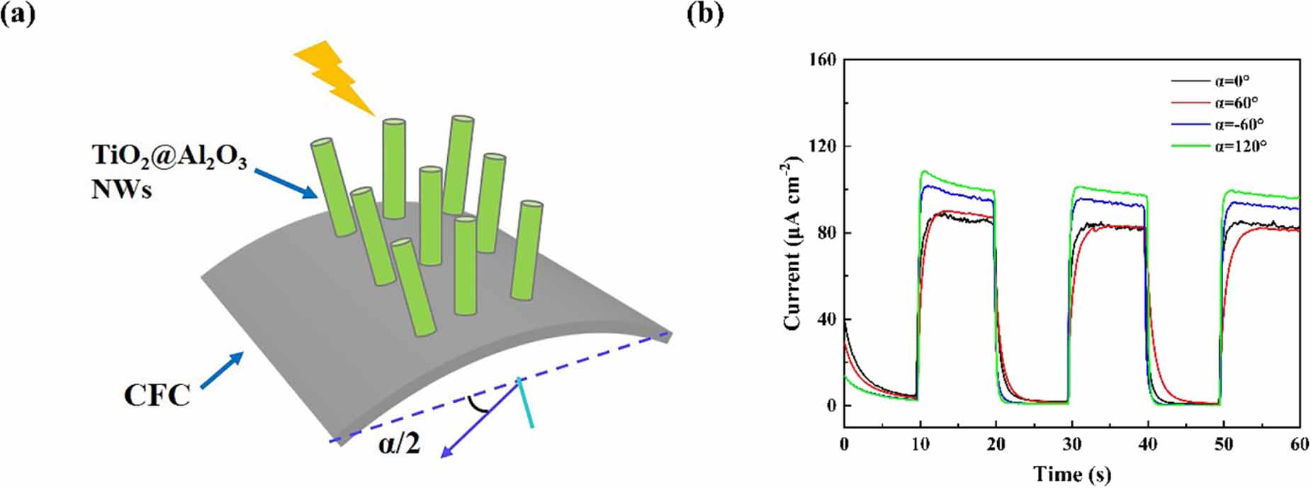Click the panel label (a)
(x=19, y=15)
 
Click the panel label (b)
(x=706, y=15)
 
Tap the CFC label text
(x=157, y=395)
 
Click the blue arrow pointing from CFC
(x=221, y=370)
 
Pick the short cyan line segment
(x=526, y=403)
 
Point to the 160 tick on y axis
(x=822, y=60)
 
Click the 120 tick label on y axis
(x=822, y=146)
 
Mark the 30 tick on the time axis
(x=1071, y=445)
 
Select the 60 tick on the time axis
(x=1298, y=445)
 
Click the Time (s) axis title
(x=1071, y=474)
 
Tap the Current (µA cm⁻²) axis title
(x=794, y=245)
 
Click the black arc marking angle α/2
(x=480, y=406)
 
